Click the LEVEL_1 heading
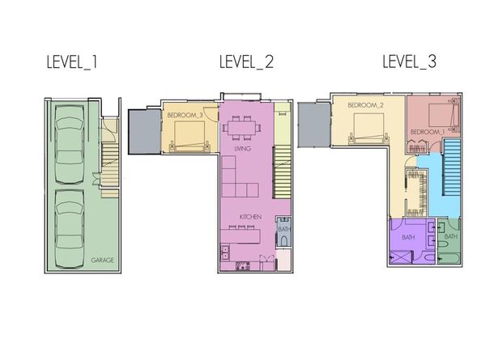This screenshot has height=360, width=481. pyautogui.click(x=72, y=62)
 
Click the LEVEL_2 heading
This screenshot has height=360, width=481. pyautogui.click(x=246, y=62)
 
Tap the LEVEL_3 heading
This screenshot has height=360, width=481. pyautogui.click(x=409, y=61)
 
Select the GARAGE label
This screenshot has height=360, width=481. pyautogui.click(x=103, y=260)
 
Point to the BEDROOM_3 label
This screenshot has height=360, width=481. pyautogui.click(x=185, y=115)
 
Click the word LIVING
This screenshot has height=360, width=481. pyautogui.click(x=242, y=149)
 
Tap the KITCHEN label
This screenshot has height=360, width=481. pyautogui.click(x=250, y=217)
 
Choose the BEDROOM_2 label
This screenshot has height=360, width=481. pyautogui.click(x=366, y=105)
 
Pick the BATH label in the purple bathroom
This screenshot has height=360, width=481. pyautogui.click(x=408, y=237)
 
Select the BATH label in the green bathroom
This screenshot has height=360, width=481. pyautogui.click(x=450, y=236)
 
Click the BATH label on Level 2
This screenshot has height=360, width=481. pyautogui.click(x=284, y=229)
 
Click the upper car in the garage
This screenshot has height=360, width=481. pyautogui.click(x=70, y=144)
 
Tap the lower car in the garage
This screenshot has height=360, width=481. pyautogui.click(x=70, y=229)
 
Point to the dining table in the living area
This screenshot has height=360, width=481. pyautogui.click(x=242, y=128)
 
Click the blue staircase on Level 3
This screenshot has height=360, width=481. pyautogui.click(x=451, y=167)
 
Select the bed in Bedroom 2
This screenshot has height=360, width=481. pyautogui.click(x=368, y=128)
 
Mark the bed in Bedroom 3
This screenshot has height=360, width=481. pyautogui.click(x=189, y=137)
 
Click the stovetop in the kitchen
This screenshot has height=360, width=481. pyautogui.click(x=243, y=266)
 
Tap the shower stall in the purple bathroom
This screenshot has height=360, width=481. pyautogui.click(x=401, y=257)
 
